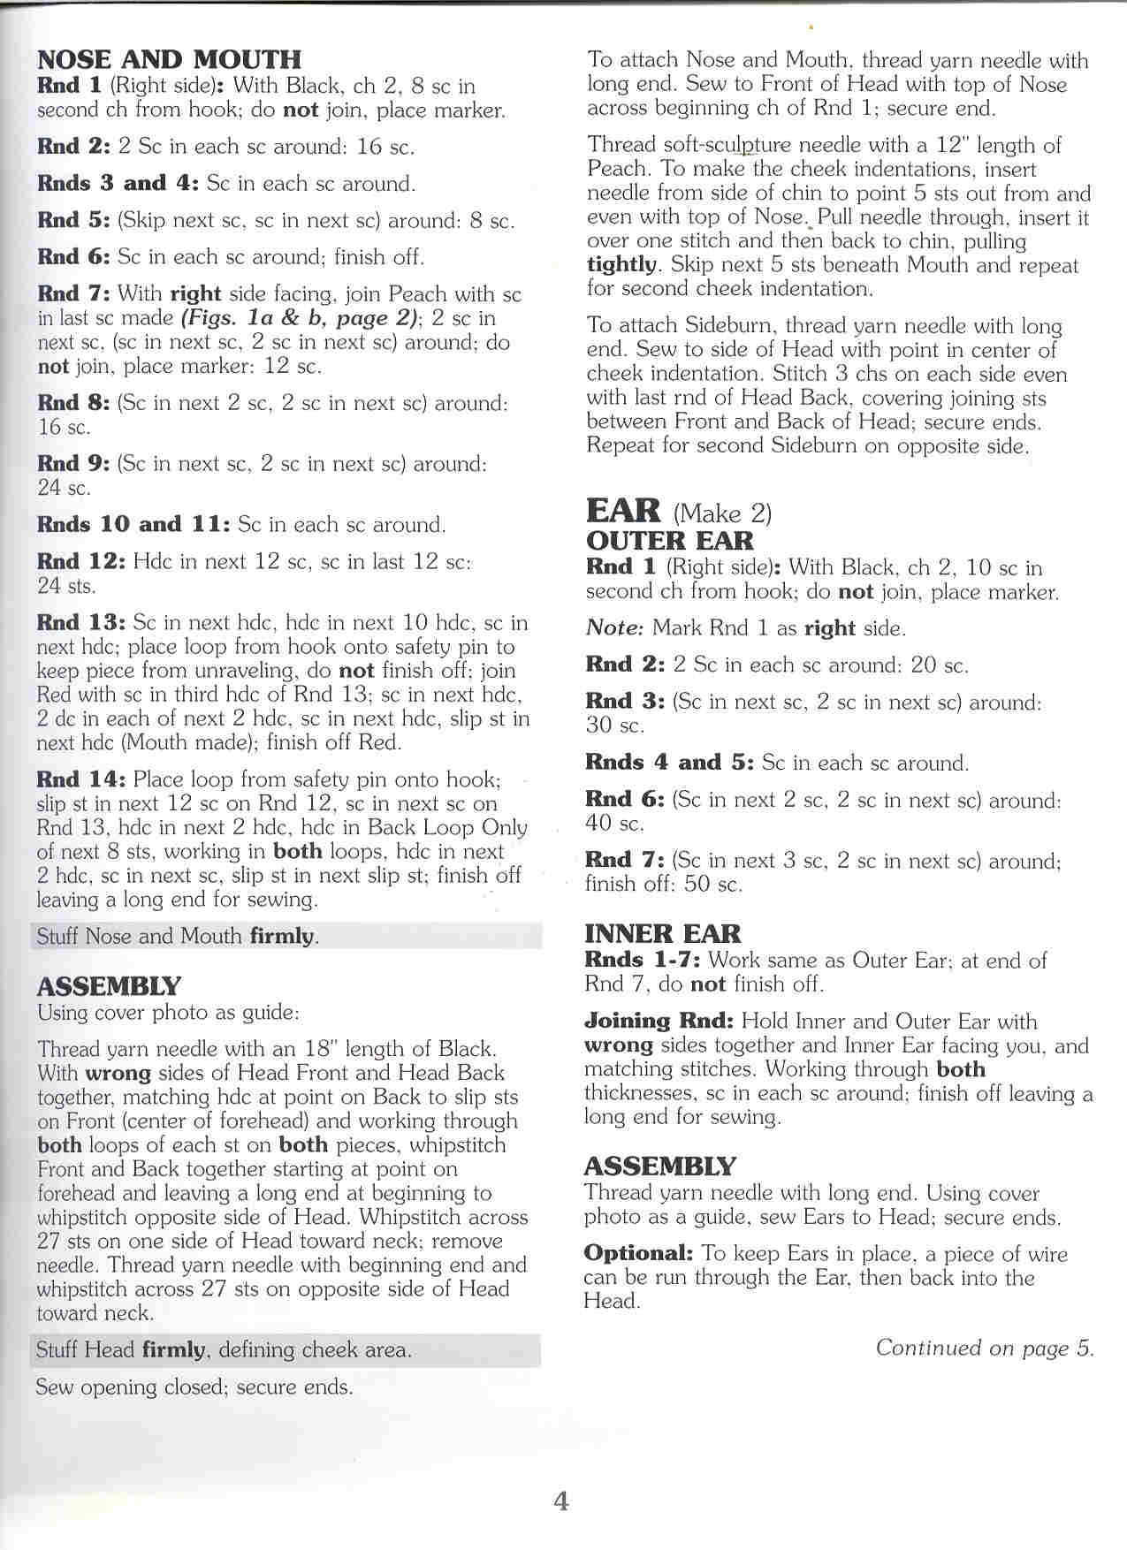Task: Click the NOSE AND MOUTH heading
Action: [x=169, y=59]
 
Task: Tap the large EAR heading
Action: [x=623, y=511]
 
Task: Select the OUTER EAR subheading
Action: [x=670, y=541]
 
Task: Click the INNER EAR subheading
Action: [x=663, y=933]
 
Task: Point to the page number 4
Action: [x=561, y=1500]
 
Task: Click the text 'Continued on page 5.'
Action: [x=985, y=1348]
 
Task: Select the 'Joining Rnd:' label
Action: [x=659, y=1021]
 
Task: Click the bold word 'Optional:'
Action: [x=638, y=1253]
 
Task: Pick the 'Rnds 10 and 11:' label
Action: [x=133, y=524]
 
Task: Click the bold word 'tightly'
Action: [x=622, y=265]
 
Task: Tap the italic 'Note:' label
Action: [x=614, y=627]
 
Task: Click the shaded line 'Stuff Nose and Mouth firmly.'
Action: [x=178, y=936]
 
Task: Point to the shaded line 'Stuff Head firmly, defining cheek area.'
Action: [x=223, y=1349]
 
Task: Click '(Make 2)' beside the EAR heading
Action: [x=722, y=513]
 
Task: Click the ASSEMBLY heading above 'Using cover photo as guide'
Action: [x=108, y=986]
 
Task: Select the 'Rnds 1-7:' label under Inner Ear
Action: [x=642, y=960]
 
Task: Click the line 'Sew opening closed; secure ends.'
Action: [x=194, y=1387]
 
